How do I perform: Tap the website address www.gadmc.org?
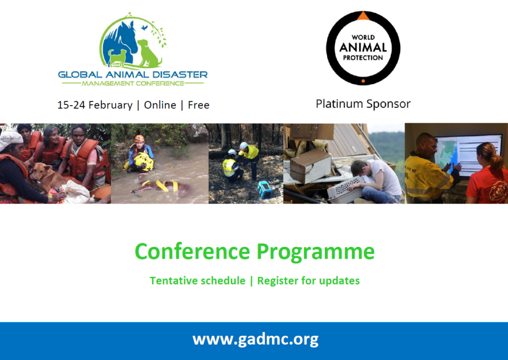click(x=255, y=340)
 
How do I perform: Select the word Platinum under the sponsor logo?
click(x=339, y=104)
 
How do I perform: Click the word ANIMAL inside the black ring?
click(x=363, y=48)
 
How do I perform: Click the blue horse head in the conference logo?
click(x=122, y=41)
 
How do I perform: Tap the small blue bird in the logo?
click(x=144, y=28)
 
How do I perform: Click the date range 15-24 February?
click(x=95, y=105)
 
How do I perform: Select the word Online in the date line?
click(x=160, y=105)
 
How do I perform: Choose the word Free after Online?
click(x=198, y=105)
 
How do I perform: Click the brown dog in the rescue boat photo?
click(x=49, y=177)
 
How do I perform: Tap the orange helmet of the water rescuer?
click(x=139, y=139)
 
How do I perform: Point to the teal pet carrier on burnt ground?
click(x=265, y=190)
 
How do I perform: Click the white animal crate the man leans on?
click(x=345, y=190)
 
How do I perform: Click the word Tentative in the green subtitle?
click(x=197, y=281)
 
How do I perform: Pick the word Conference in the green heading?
click(x=192, y=252)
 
